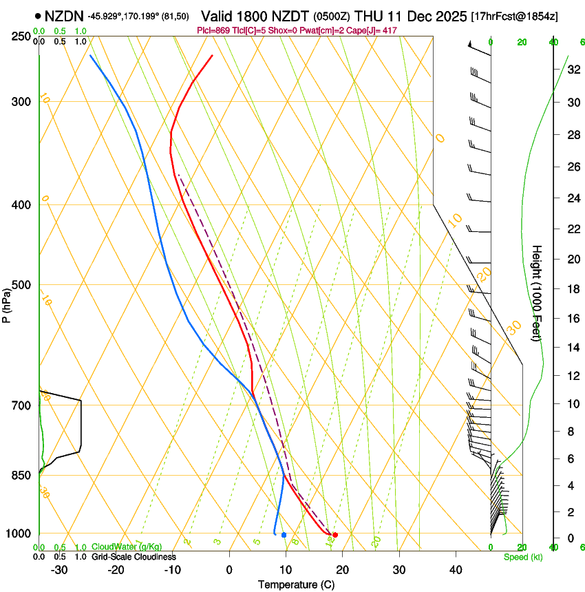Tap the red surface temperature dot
(335, 535)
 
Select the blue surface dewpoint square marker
(284, 535)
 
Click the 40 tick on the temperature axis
(456, 570)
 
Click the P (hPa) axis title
(6, 302)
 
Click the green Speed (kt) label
(522, 557)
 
